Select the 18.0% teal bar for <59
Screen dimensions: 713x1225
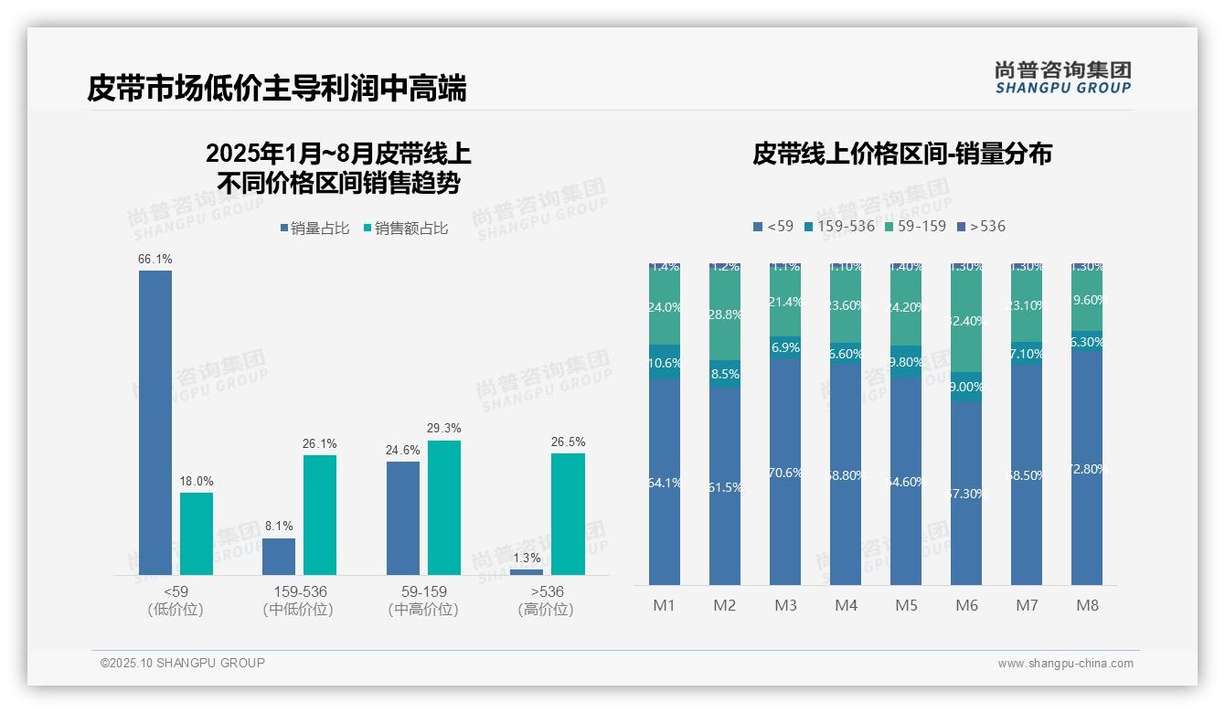click(197, 534)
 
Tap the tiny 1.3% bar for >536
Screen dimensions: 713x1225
click(526, 572)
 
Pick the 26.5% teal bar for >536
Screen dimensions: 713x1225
click(568, 514)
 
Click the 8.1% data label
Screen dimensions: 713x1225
click(279, 526)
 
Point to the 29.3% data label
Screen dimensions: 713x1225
click(444, 428)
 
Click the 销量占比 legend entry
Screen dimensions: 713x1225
click(314, 229)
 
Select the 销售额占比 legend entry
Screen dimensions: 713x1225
click(406, 229)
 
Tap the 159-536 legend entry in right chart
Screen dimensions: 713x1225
click(839, 226)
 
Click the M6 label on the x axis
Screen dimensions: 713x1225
click(966, 605)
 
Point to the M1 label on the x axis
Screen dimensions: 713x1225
click(664, 605)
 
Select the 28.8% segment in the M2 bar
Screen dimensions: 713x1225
click(725, 313)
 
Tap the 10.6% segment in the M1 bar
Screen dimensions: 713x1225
click(664, 362)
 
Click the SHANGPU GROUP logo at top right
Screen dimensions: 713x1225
click(1062, 77)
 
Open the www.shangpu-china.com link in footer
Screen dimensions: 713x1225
click(1065, 664)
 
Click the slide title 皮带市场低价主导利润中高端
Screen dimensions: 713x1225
click(277, 89)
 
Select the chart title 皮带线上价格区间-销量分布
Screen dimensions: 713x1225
click(901, 154)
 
